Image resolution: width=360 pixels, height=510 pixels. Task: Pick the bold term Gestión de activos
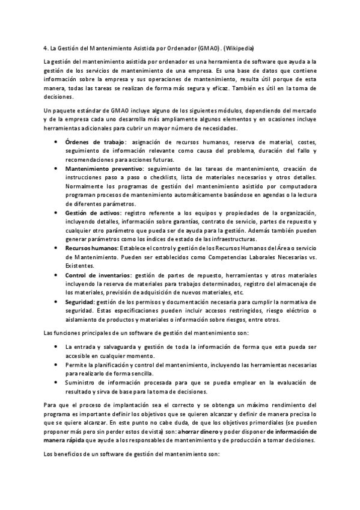pyautogui.click(x=93, y=213)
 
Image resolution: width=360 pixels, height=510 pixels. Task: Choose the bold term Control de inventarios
pyautogui.click(x=98, y=275)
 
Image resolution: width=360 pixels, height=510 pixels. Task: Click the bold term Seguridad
pyautogui.click(x=79, y=301)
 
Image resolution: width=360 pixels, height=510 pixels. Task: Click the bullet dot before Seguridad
pyautogui.click(x=56, y=301)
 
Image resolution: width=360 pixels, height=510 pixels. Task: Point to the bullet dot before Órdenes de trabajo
pyautogui.click(x=56, y=142)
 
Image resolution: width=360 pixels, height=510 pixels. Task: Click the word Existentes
pyautogui.click(x=81, y=265)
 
